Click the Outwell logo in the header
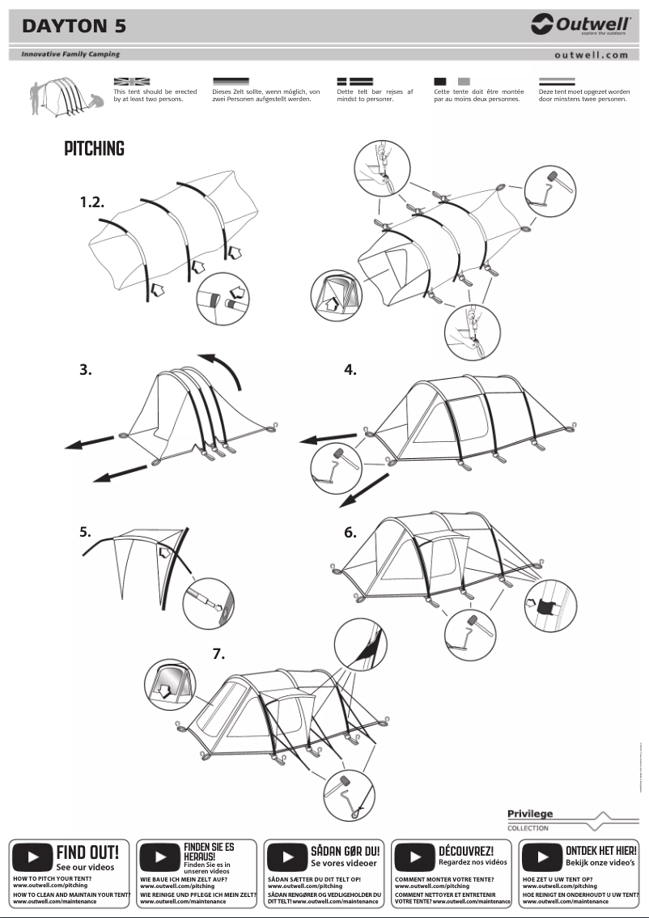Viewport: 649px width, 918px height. point(581,25)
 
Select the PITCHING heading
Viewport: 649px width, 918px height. point(94,149)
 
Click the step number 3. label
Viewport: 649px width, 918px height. point(86,370)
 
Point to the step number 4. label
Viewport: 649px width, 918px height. point(350,370)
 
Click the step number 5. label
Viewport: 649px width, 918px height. point(86,532)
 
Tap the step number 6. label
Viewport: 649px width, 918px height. point(350,532)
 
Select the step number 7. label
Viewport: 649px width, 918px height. point(218,654)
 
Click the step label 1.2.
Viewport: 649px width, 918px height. point(92,202)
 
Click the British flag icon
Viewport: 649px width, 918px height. point(131,82)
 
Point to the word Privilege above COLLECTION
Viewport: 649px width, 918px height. point(530,814)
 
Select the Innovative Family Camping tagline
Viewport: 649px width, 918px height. point(70,54)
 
